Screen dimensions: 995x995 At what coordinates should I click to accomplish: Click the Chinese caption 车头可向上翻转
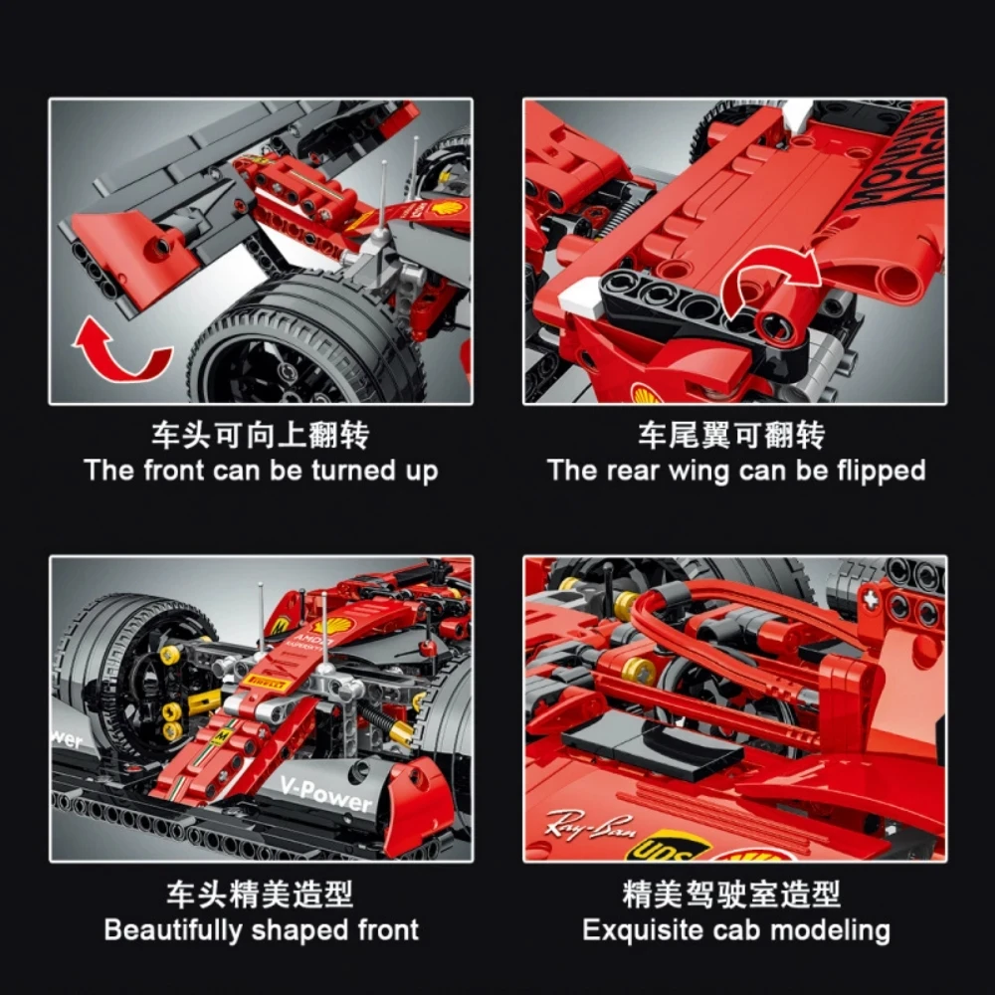(261, 436)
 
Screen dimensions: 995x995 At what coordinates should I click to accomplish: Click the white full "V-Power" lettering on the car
(324, 794)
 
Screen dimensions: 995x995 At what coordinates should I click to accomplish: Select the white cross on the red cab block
(872, 601)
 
